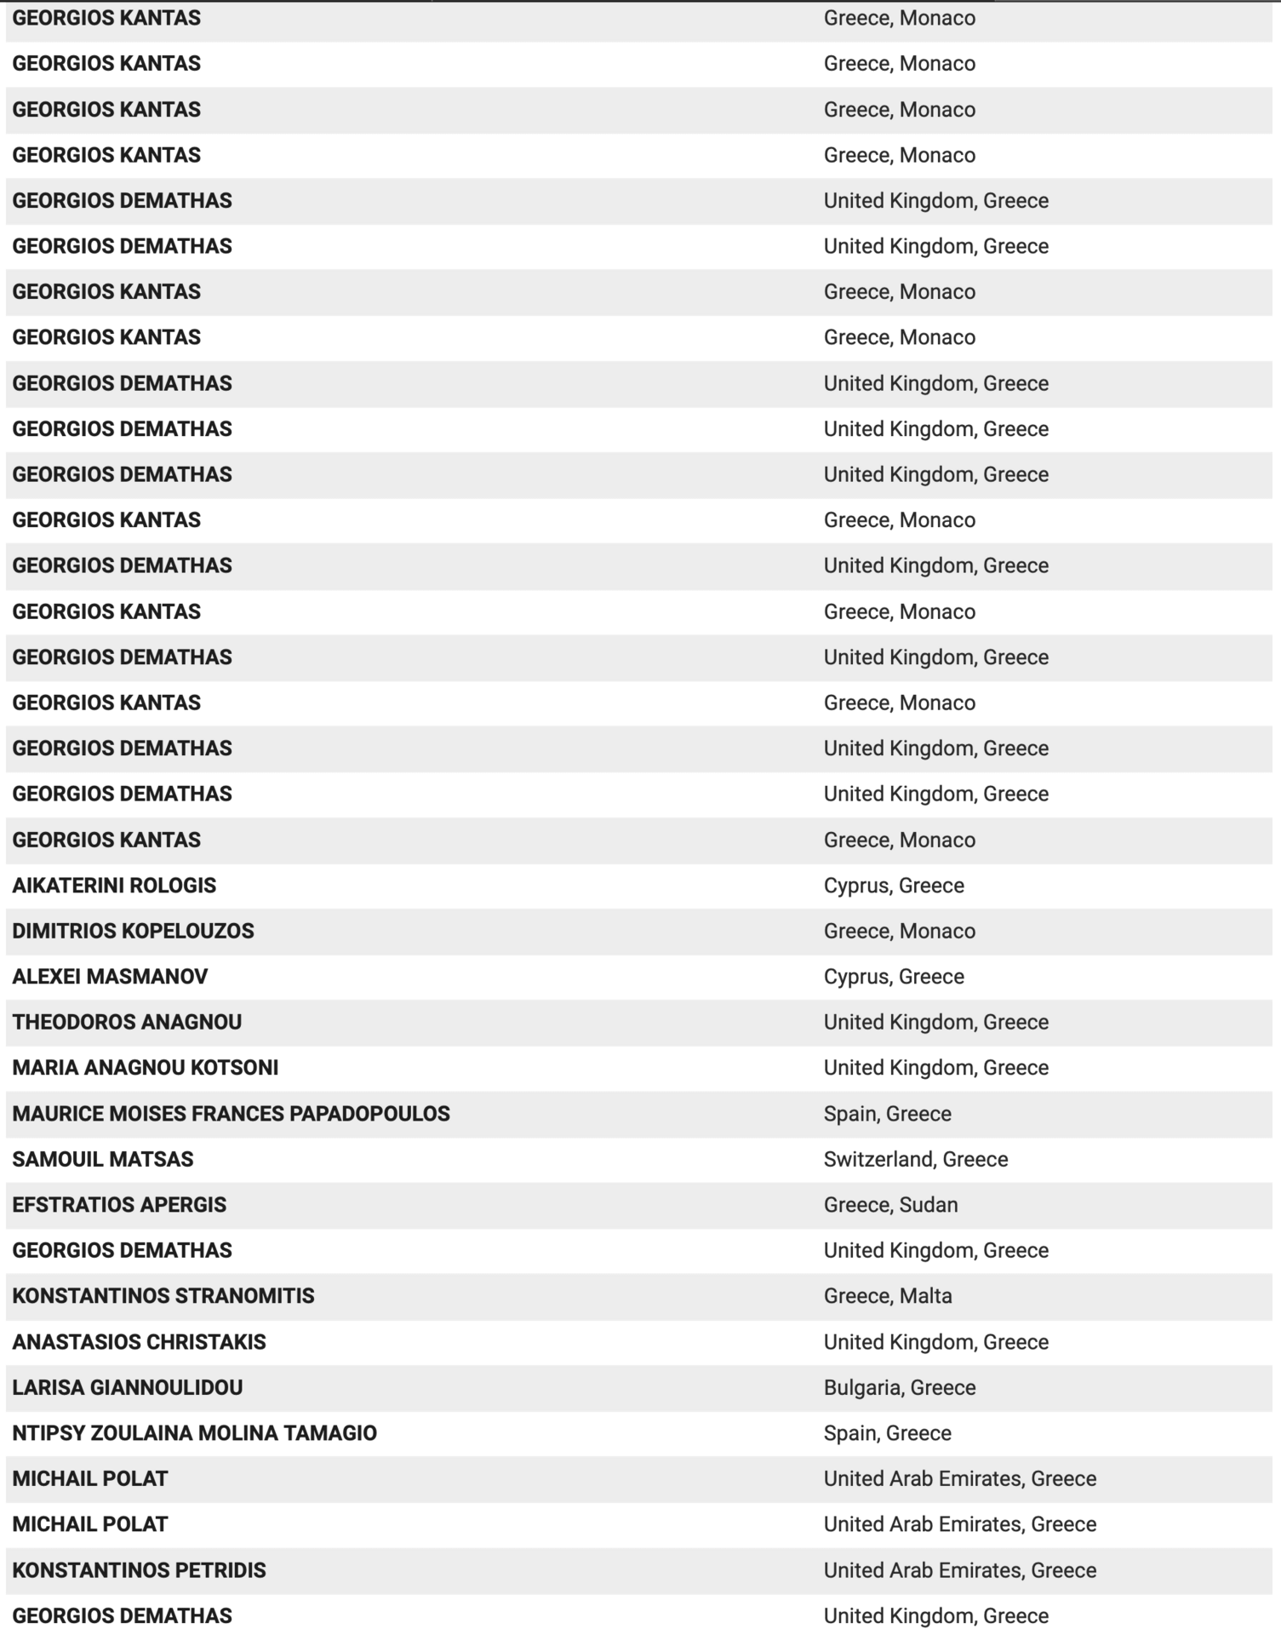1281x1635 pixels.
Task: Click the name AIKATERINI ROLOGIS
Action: coord(114,886)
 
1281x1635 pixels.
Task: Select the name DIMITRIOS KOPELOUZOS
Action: coord(133,931)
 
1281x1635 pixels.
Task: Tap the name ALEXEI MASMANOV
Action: coord(110,977)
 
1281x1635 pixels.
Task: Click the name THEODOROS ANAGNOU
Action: coord(127,1022)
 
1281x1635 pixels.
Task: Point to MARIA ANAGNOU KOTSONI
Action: coord(145,1068)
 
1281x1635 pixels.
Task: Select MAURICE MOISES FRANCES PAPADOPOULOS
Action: coord(231,1114)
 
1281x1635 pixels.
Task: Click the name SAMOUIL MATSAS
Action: coord(103,1159)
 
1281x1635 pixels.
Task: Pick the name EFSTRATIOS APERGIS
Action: coord(119,1205)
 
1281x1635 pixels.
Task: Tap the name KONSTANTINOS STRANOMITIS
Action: coord(163,1296)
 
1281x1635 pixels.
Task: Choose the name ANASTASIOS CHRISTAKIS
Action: coord(139,1342)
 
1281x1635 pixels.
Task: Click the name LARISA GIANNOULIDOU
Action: coord(127,1387)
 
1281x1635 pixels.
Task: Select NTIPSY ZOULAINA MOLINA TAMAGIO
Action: coord(194,1433)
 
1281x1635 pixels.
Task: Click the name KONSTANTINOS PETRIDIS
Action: coord(139,1570)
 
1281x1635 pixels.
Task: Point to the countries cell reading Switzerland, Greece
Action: coord(915,1159)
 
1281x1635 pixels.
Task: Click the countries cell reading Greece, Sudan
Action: coord(890,1205)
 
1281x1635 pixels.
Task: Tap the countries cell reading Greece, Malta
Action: coord(888,1296)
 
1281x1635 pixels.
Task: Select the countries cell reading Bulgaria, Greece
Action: coord(900,1387)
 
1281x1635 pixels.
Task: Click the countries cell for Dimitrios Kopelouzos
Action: coord(899,931)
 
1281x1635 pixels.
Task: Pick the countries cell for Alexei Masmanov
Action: coord(894,977)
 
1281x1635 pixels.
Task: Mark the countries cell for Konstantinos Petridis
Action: coord(959,1570)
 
